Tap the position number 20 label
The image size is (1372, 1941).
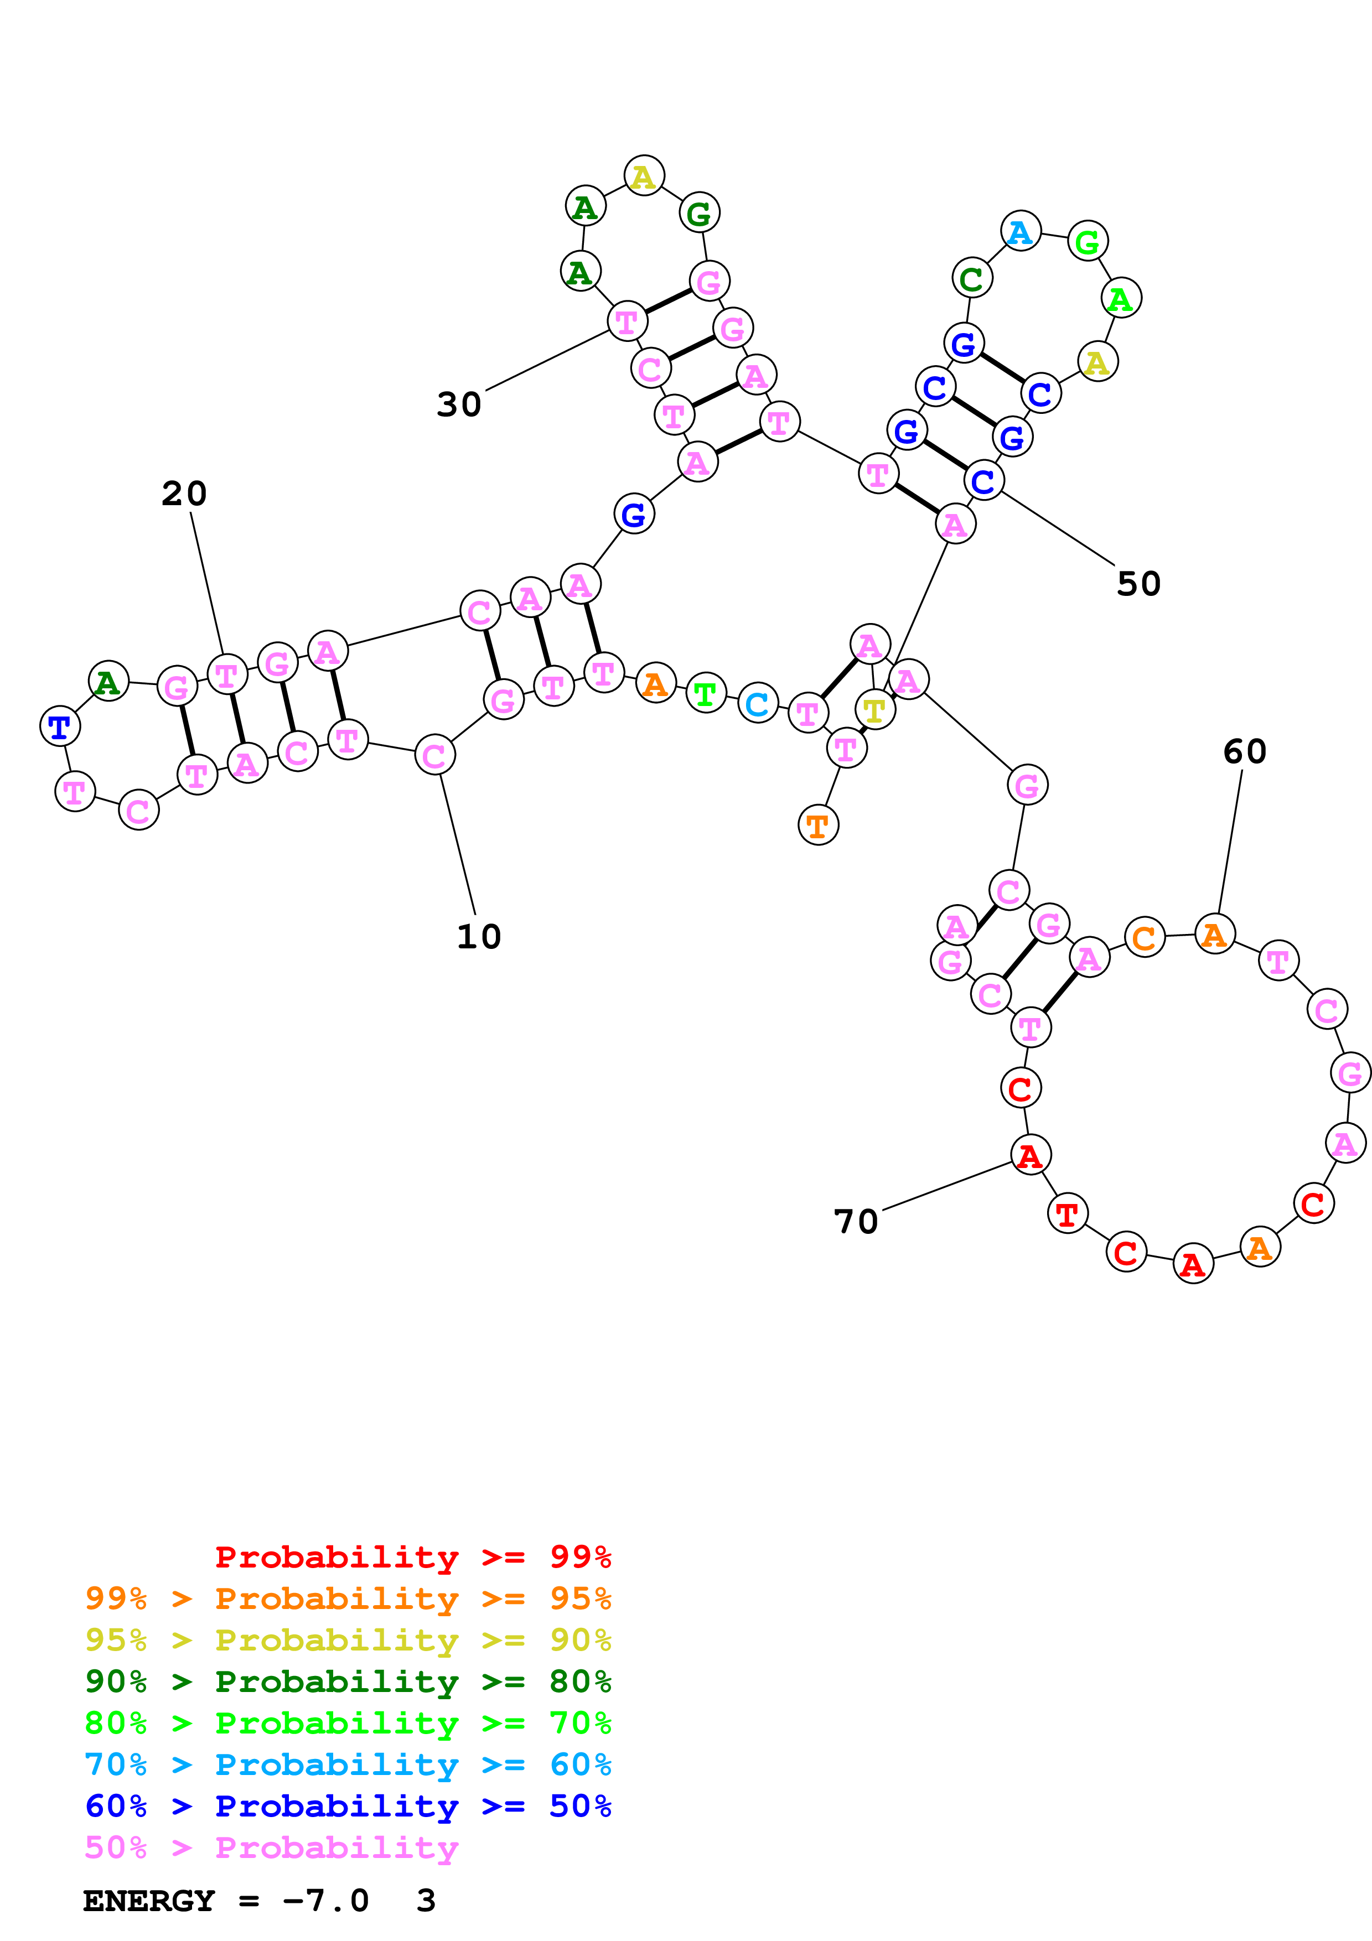tap(184, 494)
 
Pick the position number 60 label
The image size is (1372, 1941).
tap(1244, 751)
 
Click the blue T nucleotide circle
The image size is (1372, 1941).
tap(60, 726)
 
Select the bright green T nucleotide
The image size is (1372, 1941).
tap(706, 694)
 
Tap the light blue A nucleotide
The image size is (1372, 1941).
tap(1021, 232)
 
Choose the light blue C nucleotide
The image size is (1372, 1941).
tap(758, 703)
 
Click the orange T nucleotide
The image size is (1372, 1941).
tap(817, 825)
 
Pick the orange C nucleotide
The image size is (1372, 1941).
tap(1144, 937)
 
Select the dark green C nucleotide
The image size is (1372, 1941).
tap(971, 278)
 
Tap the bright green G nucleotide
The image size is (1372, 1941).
tap(1087, 242)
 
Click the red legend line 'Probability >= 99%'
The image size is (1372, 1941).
tap(412, 1557)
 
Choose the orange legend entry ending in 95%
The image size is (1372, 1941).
tap(348, 1599)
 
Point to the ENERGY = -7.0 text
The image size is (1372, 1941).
tap(226, 1901)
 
